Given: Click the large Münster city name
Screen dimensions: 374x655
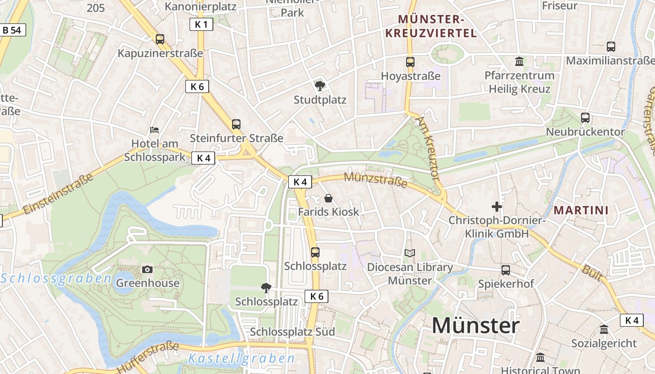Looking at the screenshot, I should click(475, 325).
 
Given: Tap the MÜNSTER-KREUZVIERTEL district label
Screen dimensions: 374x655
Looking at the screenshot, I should click(437, 26).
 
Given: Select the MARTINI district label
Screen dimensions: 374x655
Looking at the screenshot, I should click(581, 210).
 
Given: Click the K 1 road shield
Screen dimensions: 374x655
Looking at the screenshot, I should click(201, 25).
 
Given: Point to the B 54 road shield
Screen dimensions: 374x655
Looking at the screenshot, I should click(12, 30).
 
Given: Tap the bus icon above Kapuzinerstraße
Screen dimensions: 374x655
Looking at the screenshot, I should click(160, 39).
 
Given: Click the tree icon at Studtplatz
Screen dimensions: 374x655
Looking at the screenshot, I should click(320, 86).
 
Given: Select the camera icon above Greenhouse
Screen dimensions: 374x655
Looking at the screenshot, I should click(147, 269).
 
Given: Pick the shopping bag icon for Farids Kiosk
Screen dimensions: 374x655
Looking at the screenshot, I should click(328, 198).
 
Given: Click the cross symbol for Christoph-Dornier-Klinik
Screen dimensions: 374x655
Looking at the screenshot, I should click(497, 206).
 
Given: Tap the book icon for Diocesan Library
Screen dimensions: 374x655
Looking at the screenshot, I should click(410, 253).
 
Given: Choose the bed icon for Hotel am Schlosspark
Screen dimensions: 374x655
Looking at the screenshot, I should click(154, 129).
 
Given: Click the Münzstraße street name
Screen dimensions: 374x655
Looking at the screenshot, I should click(376, 180).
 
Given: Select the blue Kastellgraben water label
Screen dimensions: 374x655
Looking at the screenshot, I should click(241, 359).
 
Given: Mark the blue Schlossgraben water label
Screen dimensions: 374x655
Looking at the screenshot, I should click(56, 279).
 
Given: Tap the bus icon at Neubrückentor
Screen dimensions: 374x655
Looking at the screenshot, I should click(585, 118).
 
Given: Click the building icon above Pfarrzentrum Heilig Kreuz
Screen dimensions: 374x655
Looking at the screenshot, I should click(519, 61).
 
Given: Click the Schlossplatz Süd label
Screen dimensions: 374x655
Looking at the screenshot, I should click(292, 332).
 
